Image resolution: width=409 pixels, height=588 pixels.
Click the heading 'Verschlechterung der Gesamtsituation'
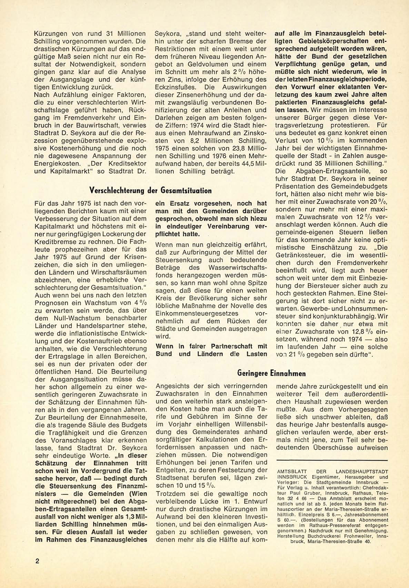pos(150,191)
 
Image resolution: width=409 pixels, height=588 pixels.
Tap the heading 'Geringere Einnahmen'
pos(271,373)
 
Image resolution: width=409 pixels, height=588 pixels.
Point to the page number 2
pos(37,560)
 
